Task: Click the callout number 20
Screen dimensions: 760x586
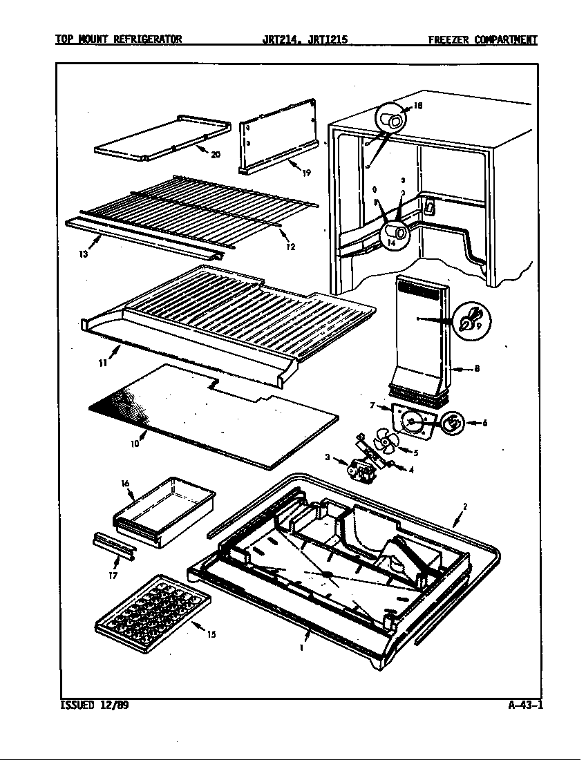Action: (216, 155)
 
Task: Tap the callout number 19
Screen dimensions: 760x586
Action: (306, 173)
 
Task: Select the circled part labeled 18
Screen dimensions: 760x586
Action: (393, 122)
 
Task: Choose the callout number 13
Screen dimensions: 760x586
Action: (83, 253)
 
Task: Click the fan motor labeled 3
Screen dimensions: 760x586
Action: (362, 471)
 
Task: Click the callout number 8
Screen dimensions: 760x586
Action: (477, 369)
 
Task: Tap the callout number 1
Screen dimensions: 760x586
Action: (302, 649)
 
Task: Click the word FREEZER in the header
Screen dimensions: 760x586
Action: (449, 39)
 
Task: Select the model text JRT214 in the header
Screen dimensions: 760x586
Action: (278, 39)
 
